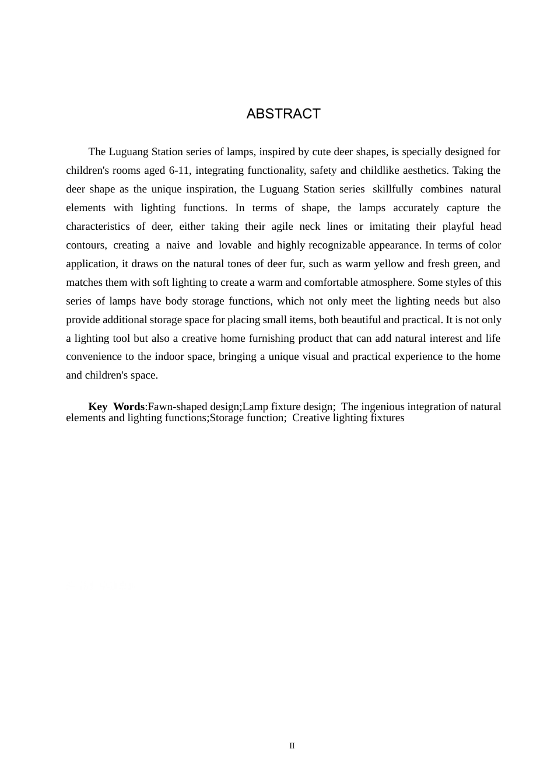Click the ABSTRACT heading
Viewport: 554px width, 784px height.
click(283, 114)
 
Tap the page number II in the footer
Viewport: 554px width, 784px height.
click(292, 746)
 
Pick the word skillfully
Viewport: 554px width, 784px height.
click(393, 189)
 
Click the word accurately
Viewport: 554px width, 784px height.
click(416, 208)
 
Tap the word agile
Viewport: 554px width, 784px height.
click(282, 226)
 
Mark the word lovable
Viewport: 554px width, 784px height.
click(235, 245)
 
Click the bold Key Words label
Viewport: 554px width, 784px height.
click(116, 407)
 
